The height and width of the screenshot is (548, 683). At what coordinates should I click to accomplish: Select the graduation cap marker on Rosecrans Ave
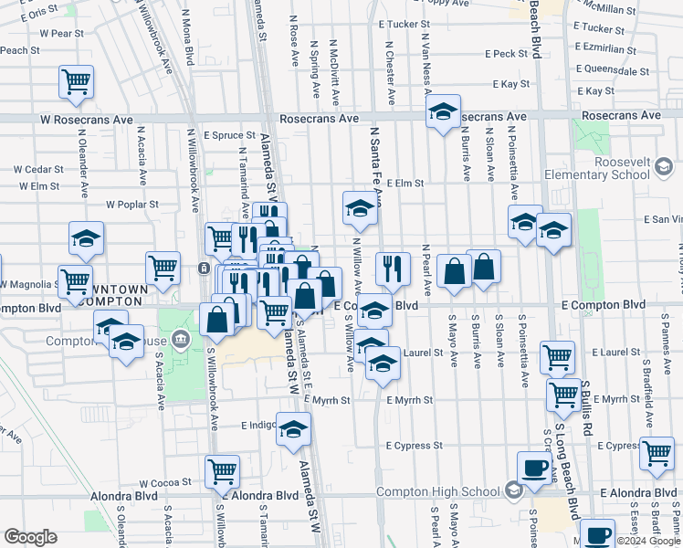click(x=443, y=112)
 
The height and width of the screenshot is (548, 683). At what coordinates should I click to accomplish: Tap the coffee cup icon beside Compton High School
click(x=534, y=467)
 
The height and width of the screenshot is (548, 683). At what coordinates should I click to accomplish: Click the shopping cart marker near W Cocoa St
click(x=222, y=471)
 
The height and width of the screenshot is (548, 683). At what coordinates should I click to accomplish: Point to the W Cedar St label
click(x=38, y=169)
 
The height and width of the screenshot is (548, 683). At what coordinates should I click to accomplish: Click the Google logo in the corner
click(x=30, y=537)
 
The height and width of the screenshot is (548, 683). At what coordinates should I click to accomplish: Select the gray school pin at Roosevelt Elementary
click(x=664, y=167)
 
